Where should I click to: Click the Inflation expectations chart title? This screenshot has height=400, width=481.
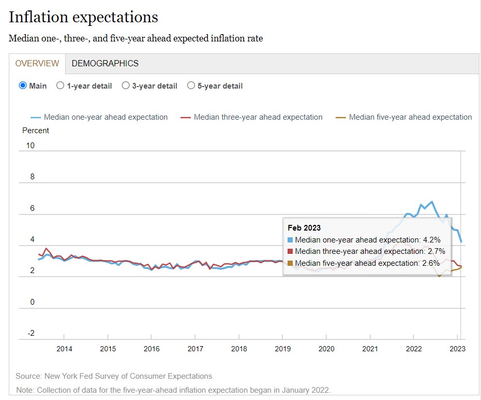(83, 17)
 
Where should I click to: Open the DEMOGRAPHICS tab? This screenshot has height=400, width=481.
(105, 63)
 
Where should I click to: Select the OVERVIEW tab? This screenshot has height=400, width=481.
(37, 63)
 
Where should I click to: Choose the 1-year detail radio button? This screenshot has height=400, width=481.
(61, 86)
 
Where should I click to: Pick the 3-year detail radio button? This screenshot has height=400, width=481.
(126, 86)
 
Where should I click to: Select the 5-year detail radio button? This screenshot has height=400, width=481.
(191, 86)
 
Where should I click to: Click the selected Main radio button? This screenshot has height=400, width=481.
(23, 86)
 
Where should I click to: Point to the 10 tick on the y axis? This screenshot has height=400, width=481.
(30, 146)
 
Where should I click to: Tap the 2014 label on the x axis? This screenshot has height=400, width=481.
(64, 349)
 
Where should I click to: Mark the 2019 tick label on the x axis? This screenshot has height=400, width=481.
(282, 349)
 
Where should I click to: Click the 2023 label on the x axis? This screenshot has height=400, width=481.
(457, 349)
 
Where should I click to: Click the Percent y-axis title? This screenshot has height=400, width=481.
(36, 131)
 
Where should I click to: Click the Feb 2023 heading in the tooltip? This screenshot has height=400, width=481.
(304, 228)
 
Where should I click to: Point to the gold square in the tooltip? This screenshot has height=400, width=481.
(290, 263)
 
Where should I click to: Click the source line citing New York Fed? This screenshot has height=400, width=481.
(114, 376)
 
